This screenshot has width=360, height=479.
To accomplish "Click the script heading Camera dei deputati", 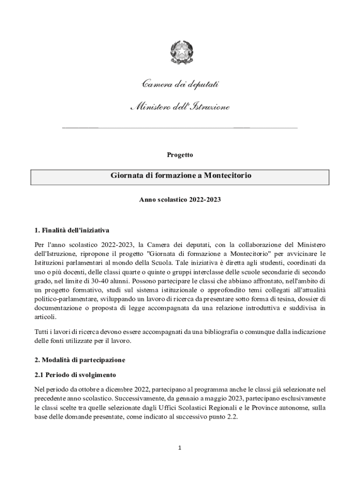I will coord(180,84).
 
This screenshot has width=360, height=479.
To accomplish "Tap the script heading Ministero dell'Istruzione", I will coord(180,108).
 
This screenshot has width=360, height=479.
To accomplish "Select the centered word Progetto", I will coord(180,154).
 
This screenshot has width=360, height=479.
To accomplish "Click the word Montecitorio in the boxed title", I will coord(228,175).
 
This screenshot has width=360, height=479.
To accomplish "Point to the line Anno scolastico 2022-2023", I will coord(180,199).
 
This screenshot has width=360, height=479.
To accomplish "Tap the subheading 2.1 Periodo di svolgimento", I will coord(75,375).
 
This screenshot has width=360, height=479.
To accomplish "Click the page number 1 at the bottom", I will coord(180,448).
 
